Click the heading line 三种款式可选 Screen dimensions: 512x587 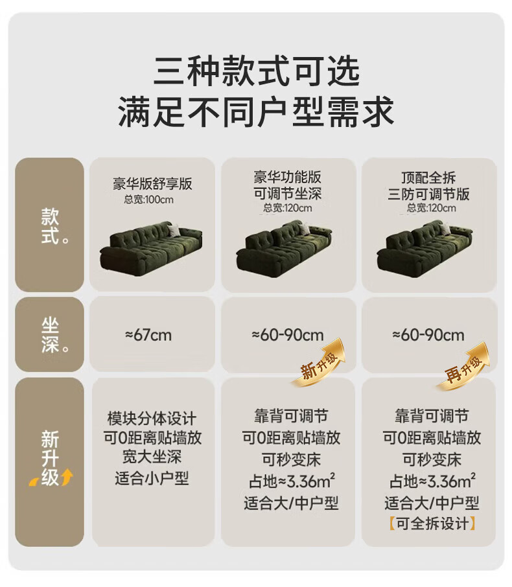pos(256,71)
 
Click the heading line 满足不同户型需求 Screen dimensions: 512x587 pos(256,111)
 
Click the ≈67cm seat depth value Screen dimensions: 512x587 pos(148,335)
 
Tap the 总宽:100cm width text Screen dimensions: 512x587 pos(148,200)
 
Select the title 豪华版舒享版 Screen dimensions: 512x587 pos(152,183)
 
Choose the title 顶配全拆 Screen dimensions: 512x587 pos(428,177)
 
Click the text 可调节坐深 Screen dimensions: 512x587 pos(288,194)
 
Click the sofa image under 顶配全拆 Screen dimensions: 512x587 pos(425,246)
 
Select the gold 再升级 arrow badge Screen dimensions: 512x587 pos(462,366)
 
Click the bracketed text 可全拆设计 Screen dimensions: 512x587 pos(432,524)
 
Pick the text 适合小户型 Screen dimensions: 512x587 pos(152,478)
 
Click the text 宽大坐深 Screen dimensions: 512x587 pos(152,456)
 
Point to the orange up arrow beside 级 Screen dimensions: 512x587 pos(67,477)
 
